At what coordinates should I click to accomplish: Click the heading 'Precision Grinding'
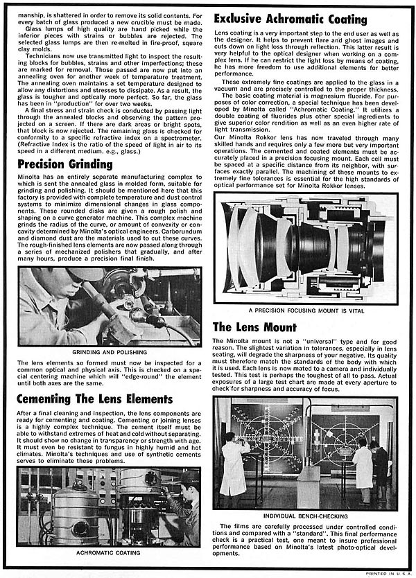pyautogui.click(x=64, y=164)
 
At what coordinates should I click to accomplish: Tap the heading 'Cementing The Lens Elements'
pyautogui.click(x=95, y=399)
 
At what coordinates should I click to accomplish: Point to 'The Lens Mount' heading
pyautogui.click(x=254, y=326)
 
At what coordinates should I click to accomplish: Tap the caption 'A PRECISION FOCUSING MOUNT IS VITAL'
pyautogui.click(x=305, y=310)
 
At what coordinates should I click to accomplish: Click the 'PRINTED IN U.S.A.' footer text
pyautogui.click(x=389, y=574)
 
